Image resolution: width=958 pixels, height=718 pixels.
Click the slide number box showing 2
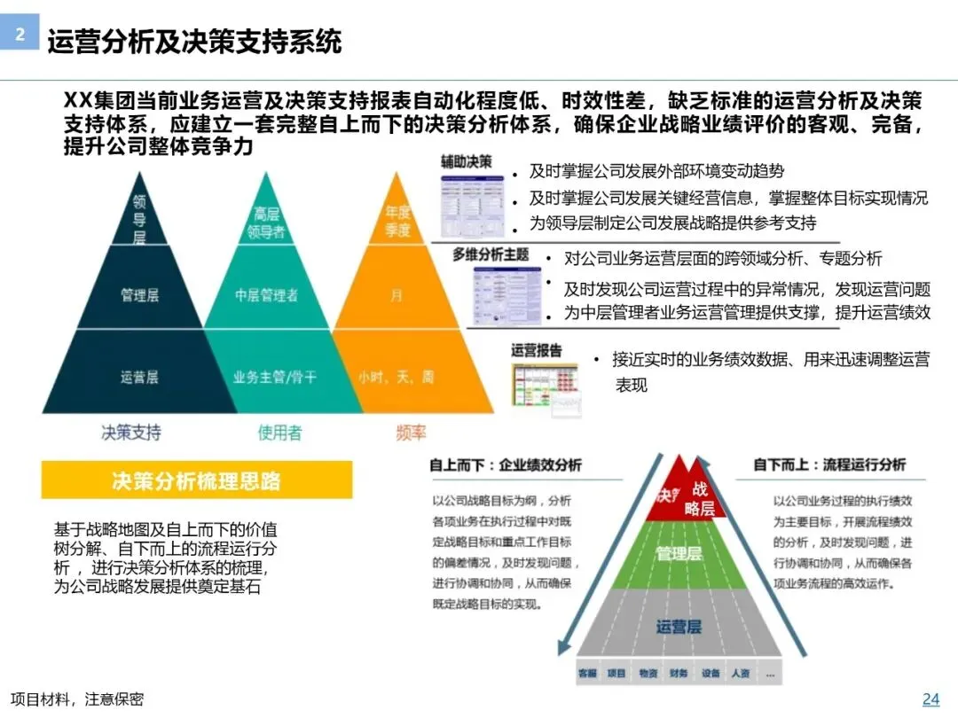19,34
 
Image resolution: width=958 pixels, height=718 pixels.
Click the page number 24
931,698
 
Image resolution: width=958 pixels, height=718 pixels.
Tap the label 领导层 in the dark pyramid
139,217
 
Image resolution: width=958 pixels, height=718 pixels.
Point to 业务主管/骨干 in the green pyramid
275,377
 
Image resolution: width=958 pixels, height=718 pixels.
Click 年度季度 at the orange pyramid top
397,222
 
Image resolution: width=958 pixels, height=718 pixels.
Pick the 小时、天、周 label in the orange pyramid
397,377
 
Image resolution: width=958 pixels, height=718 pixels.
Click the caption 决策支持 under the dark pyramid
131,433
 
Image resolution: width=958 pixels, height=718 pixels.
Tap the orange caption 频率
411,433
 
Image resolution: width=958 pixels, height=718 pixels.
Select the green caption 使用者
279,433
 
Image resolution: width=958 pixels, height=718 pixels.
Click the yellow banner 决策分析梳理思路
196,480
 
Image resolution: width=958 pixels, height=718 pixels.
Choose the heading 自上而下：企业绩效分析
506,464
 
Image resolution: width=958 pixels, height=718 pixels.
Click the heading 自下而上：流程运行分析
829,464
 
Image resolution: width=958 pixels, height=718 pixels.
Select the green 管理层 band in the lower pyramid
679,554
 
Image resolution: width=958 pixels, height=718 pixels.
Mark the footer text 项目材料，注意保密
77,699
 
